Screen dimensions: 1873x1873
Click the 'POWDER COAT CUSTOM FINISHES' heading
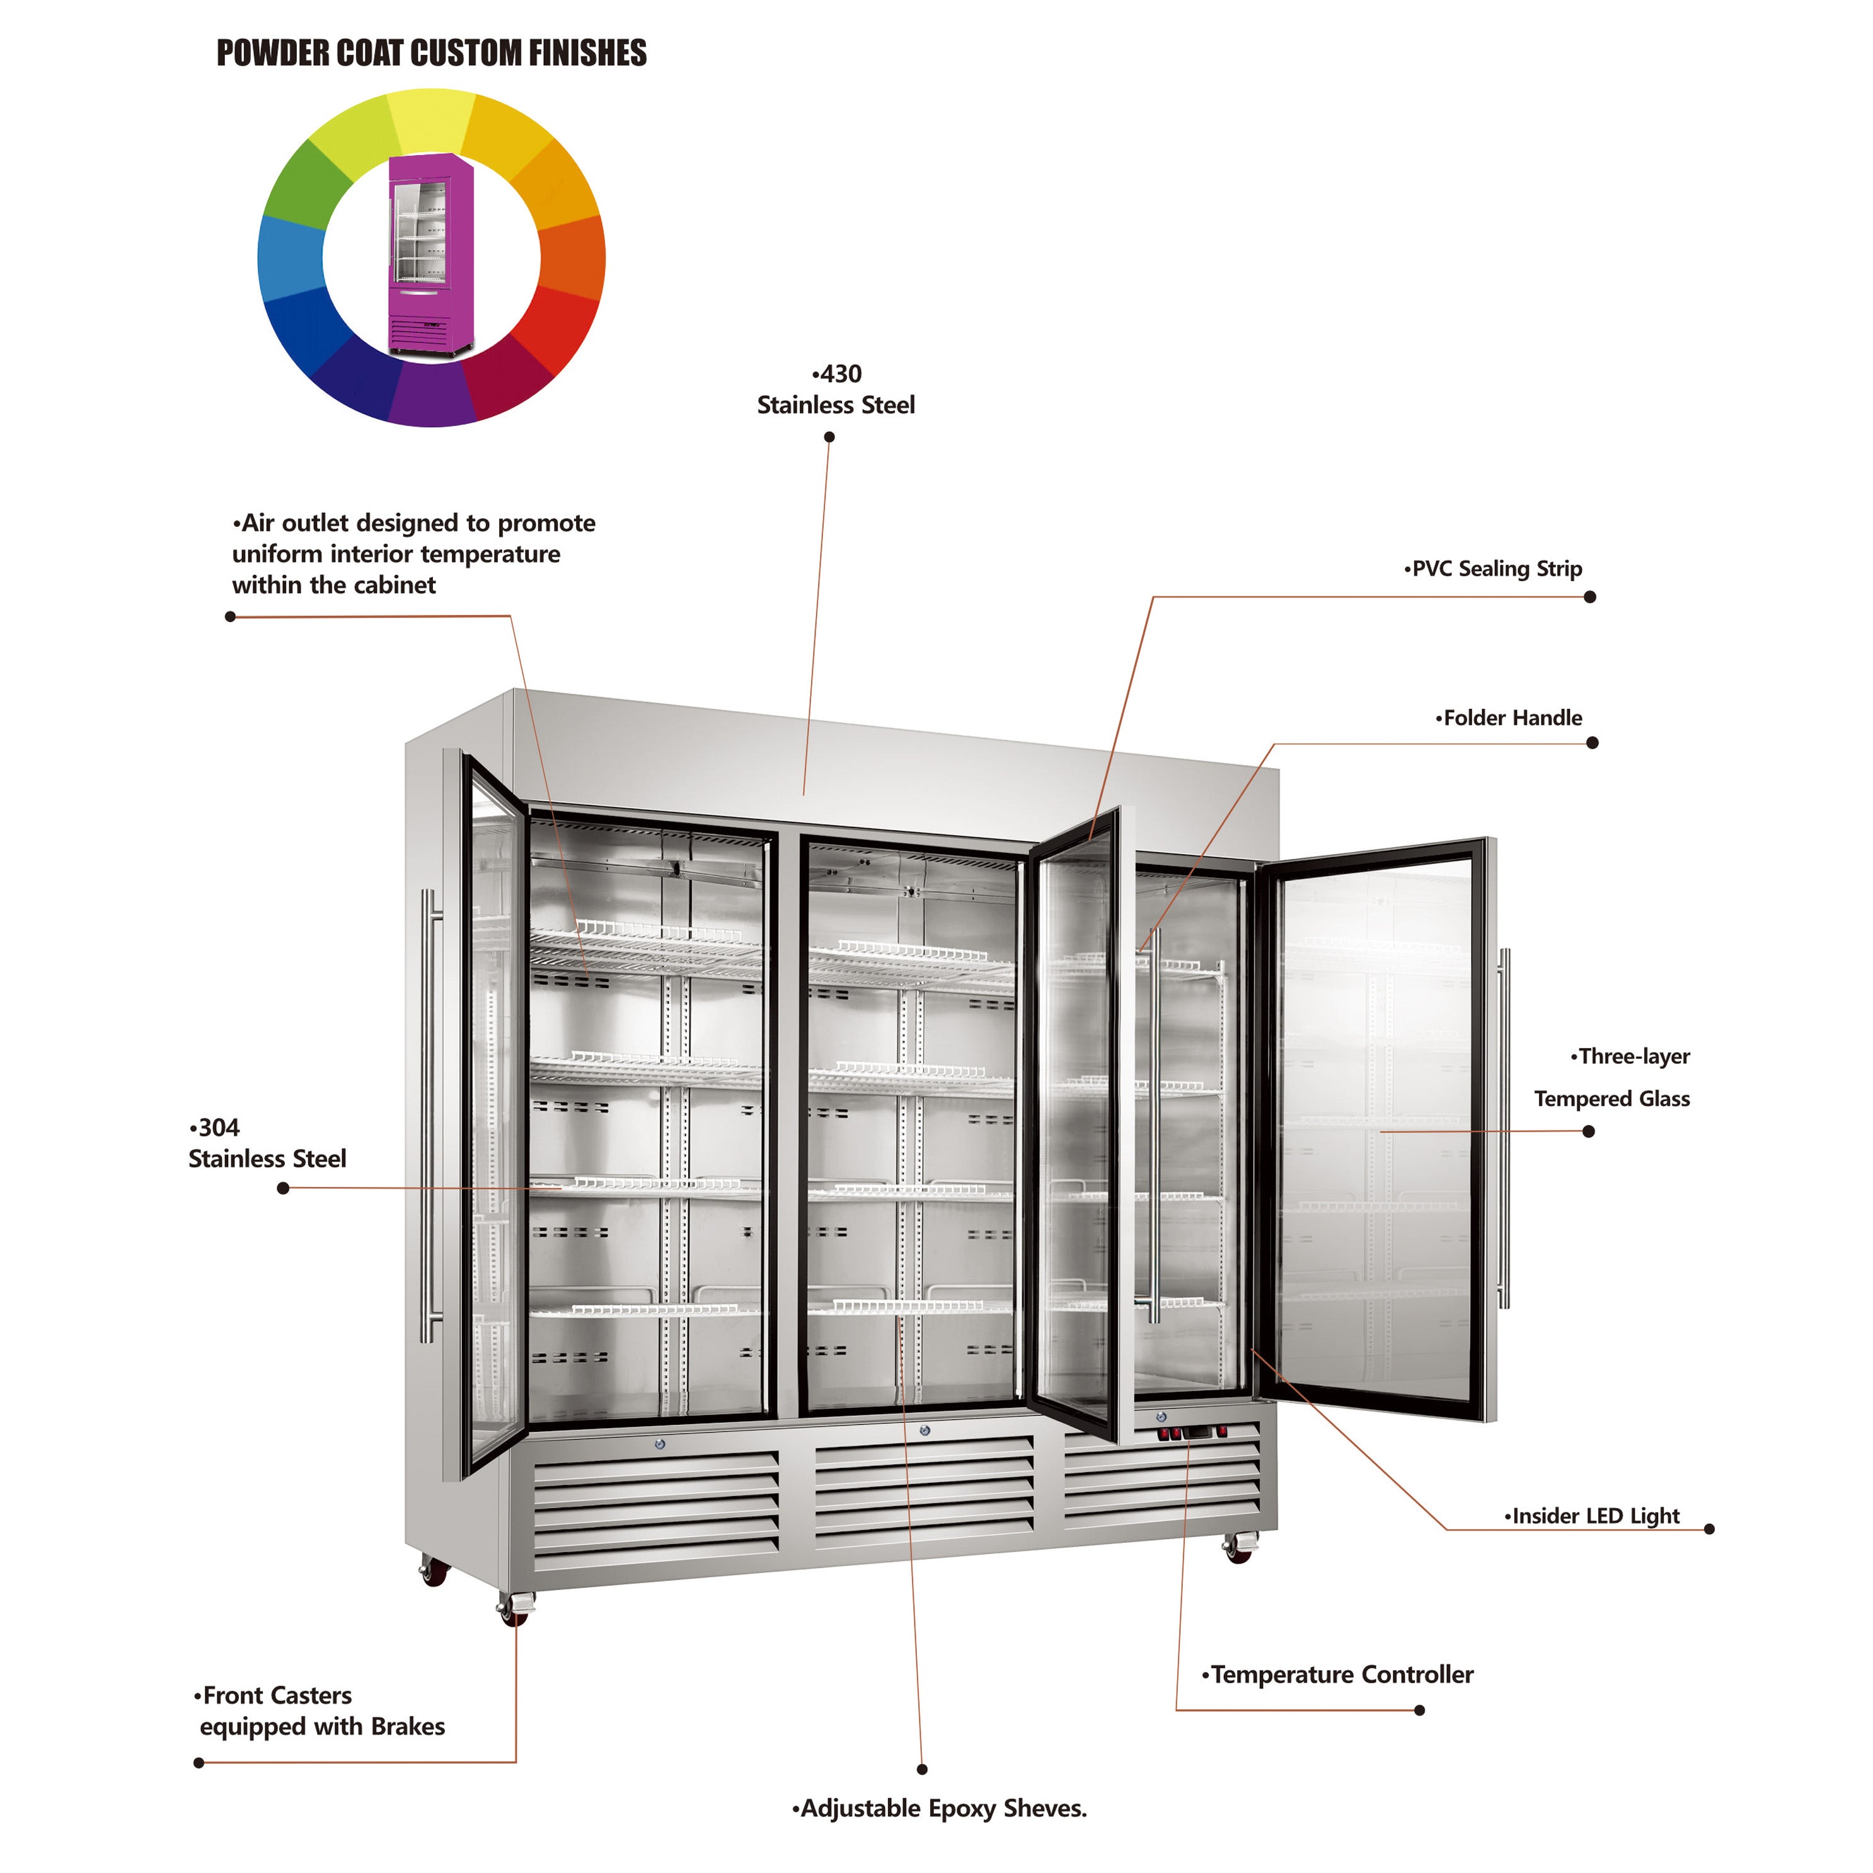432,54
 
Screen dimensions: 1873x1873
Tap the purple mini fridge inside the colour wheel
430,254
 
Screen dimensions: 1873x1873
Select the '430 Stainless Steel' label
836,389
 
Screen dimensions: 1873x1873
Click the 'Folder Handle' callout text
1511,718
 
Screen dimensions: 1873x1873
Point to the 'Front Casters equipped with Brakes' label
320,1711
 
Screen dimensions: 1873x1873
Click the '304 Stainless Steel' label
267,1143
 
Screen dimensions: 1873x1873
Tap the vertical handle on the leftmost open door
429,1115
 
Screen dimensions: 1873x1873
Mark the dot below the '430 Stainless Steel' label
829,437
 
